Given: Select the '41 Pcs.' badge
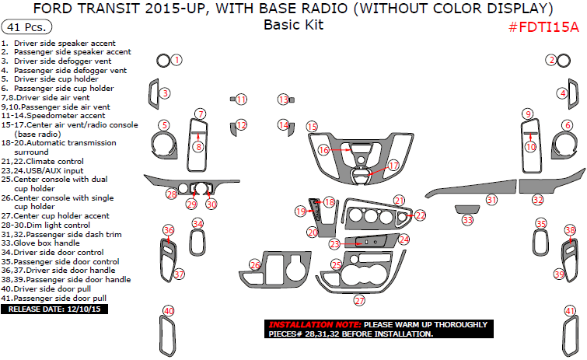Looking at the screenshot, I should pyautogui.click(x=23, y=26).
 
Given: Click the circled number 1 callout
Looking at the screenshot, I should pyautogui.click(x=176, y=60).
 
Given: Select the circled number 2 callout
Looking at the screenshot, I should pyautogui.click(x=551, y=60).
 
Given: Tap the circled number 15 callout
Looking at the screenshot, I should pyautogui.click(x=312, y=127).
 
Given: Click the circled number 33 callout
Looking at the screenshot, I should pyautogui.click(x=466, y=221).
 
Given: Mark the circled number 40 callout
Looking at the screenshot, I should pyautogui.click(x=168, y=311).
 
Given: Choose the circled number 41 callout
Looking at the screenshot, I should pyautogui.click(x=570, y=311).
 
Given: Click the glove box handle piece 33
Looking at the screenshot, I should pyautogui.click(x=467, y=208).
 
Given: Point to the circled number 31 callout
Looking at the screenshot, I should pyautogui.click(x=491, y=200).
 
